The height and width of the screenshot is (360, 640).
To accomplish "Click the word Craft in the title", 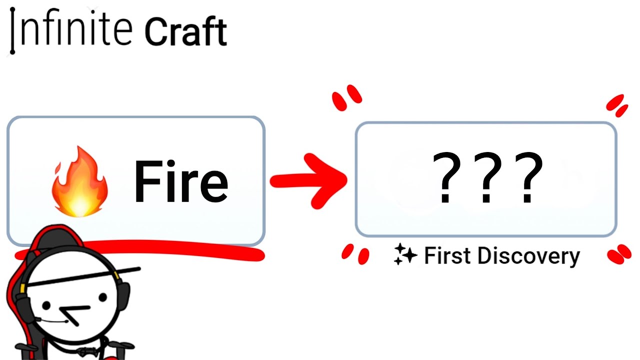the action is click(185, 32).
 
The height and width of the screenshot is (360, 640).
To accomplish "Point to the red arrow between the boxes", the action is click(310, 180).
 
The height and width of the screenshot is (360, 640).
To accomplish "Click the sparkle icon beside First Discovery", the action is click(405, 254).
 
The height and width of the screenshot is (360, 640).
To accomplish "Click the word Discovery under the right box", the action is click(528, 256).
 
